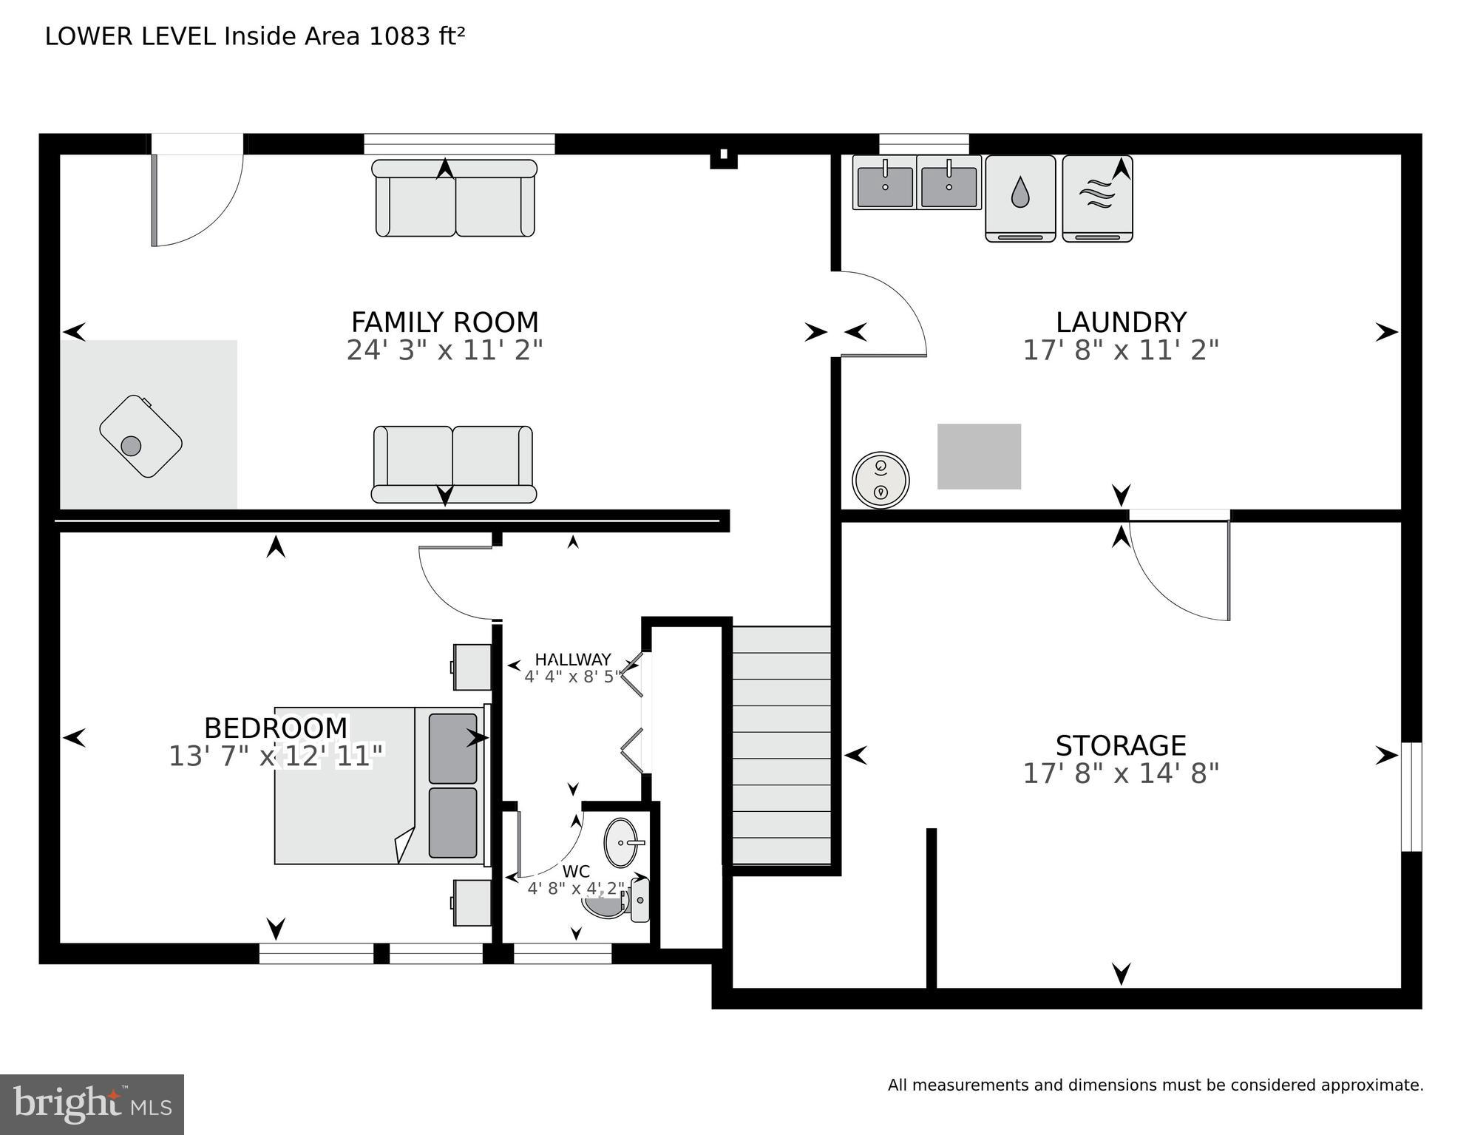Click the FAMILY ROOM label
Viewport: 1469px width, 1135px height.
click(x=444, y=322)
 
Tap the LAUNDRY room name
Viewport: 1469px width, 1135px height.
click(x=1121, y=322)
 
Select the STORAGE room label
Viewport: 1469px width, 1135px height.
click(x=1121, y=745)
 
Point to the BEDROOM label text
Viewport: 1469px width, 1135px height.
click(x=276, y=728)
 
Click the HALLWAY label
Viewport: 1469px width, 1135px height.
click(x=573, y=660)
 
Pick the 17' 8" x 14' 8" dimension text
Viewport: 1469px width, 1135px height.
click(x=1121, y=773)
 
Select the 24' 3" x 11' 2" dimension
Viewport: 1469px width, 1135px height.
click(x=444, y=350)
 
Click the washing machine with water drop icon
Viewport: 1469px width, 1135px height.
click(x=1020, y=198)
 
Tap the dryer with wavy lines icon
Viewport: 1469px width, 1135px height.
click(x=1097, y=198)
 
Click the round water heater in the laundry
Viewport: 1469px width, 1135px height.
click(x=881, y=480)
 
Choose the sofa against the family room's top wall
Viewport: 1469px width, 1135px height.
click(x=454, y=198)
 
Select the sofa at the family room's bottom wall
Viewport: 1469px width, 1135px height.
click(x=454, y=464)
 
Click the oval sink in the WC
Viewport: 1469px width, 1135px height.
click(x=621, y=842)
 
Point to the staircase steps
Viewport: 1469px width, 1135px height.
click(x=781, y=745)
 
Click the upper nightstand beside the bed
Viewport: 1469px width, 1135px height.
click(x=472, y=667)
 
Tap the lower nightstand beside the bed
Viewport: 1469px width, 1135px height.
click(x=472, y=902)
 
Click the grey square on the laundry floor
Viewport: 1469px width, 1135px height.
click(x=979, y=456)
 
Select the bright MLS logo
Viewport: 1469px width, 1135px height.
click(x=92, y=1104)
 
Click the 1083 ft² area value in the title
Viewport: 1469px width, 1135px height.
click(x=417, y=36)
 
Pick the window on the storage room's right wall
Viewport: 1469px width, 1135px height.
click(x=1411, y=797)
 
